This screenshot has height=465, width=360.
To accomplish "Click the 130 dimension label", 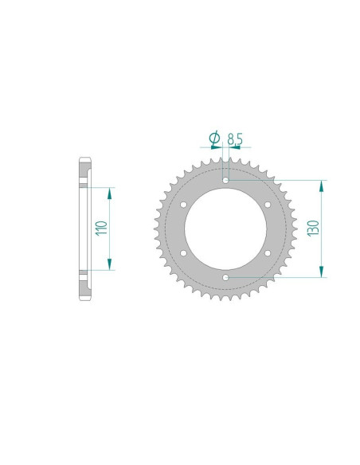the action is pyautogui.click(x=313, y=228).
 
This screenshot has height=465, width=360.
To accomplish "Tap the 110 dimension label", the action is pyautogui.click(x=101, y=228).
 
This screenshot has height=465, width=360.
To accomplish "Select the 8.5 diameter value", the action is pyautogui.click(x=235, y=139).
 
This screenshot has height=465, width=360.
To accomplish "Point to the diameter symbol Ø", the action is pyautogui.click(x=214, y=138).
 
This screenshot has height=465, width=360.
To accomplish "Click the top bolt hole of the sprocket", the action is pyautogui.click(x=225, y=180).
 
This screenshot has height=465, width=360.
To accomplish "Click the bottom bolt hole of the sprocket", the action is pyautogui.click(x=225, y=278).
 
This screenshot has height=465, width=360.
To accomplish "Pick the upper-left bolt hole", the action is pyautogui.click(x=183, y=205).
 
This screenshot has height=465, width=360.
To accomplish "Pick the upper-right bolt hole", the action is pyautogui.click(x=268, y=205).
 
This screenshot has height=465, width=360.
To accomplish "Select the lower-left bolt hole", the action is pyautogui.click(x=183, y=253).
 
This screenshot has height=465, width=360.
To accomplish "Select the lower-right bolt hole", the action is pyautogui.click(x=268, y=253).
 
